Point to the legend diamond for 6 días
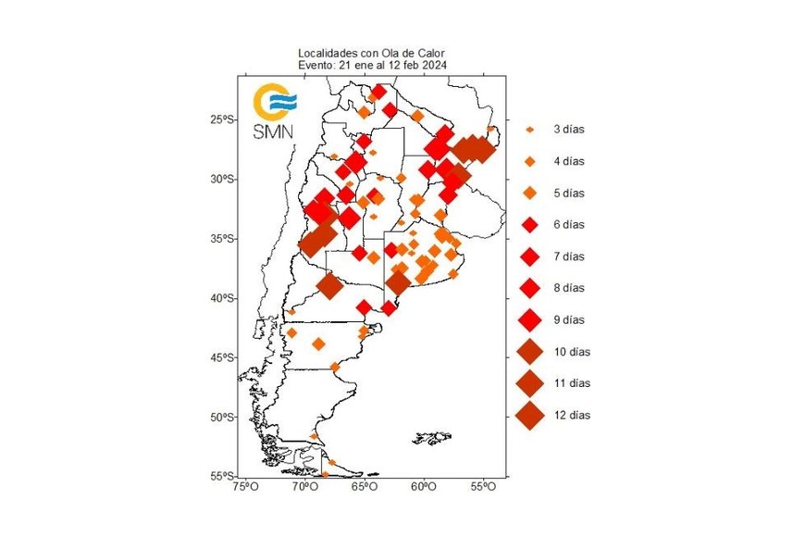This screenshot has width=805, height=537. (530, 225)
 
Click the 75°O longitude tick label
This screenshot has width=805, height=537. (244, 487)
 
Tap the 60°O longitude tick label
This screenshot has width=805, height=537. (424, 487)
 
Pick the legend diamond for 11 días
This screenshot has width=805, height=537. (530, 382)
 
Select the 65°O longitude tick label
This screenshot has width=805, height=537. (364, 487)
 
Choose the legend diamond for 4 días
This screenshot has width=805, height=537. (530, 162)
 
